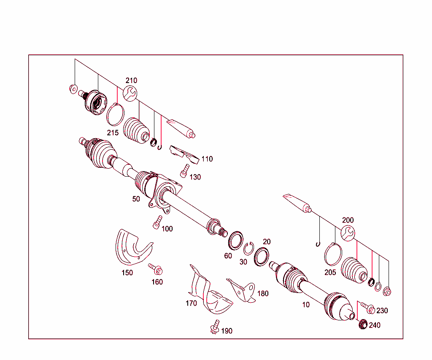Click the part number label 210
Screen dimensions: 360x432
click(x=131, y=81)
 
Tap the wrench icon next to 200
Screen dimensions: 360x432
click(x=348, y=234)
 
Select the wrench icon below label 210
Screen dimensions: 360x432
click(x=130, y=93)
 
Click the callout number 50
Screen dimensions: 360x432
click(x=136, y=199)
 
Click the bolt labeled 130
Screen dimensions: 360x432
click(x=184, y=171)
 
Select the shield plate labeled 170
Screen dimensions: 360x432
click(x=209, y=293)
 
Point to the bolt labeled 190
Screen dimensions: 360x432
click(x=215, y=327)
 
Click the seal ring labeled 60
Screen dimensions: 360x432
click(x=236, y=239)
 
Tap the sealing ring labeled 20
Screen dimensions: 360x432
click(x=262, y=257)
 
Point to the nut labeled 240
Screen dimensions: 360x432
click(x=362, y=325)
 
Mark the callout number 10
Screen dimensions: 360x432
click(x=306, y=305)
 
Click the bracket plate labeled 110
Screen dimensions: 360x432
click(x=184, y=153)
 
